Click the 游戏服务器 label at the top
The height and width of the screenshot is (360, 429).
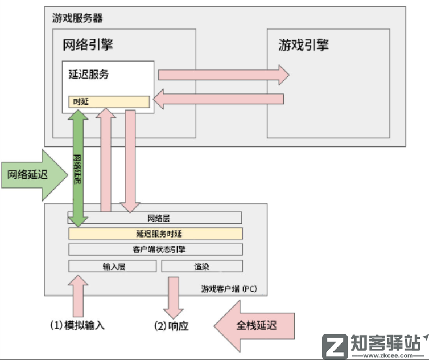point(77,18)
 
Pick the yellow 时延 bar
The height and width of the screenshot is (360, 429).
point(109,101)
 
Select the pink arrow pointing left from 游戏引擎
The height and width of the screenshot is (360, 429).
point(219,100)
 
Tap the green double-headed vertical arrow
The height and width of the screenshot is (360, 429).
point(77,168)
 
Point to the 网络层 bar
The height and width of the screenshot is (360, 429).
point(155,218)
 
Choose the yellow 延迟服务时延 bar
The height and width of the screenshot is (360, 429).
point(155,234)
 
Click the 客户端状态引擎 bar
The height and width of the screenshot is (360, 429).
point(155,249)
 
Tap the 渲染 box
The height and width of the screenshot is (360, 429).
point(201,266)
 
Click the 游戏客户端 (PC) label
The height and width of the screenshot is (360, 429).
point(229,289)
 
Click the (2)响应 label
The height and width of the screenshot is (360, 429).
point(171,326)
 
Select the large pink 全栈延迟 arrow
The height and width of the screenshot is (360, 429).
point(255,325)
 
